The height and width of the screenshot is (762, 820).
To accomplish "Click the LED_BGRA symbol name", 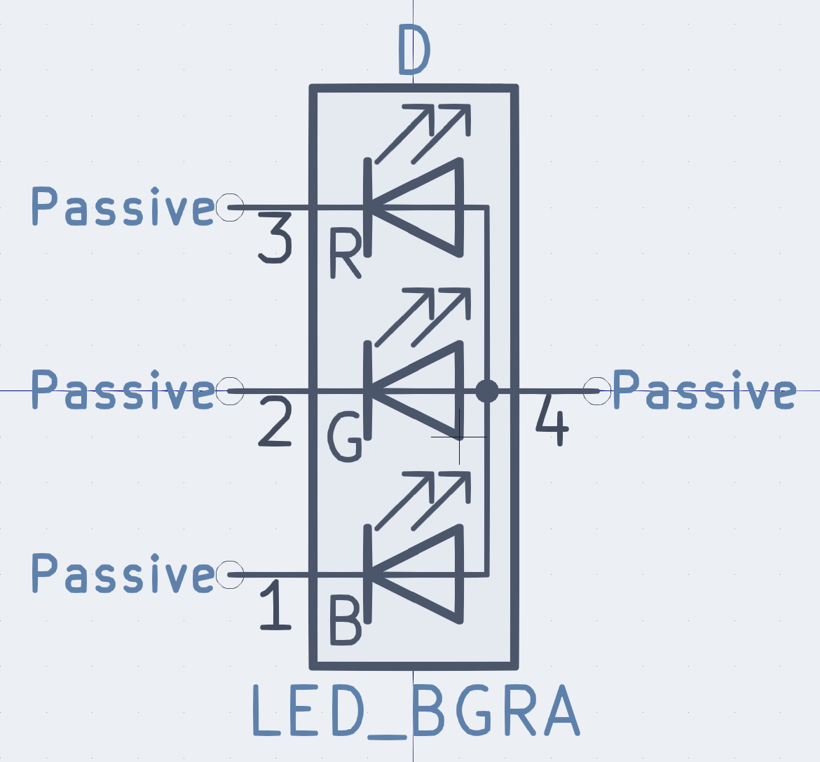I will (x=416, y=711).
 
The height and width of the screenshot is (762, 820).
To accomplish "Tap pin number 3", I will (x=273, y=239).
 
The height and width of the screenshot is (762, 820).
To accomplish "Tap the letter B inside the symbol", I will (x=346, y=620).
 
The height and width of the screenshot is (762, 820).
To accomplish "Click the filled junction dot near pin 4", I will (x=486, y=390).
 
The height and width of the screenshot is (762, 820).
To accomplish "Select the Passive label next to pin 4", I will (x=704, y=390).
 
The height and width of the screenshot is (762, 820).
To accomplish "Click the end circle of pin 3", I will (x=230, y=207).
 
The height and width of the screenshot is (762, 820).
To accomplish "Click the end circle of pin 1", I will (x=230, y=575).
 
